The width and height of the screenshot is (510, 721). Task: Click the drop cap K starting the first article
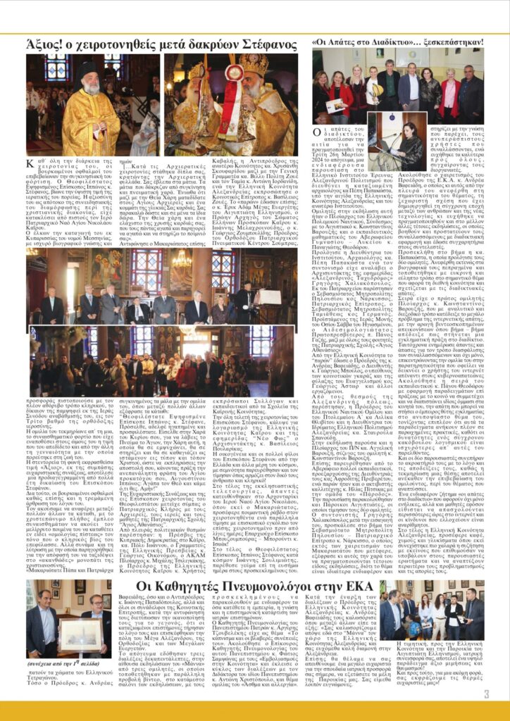30,165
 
